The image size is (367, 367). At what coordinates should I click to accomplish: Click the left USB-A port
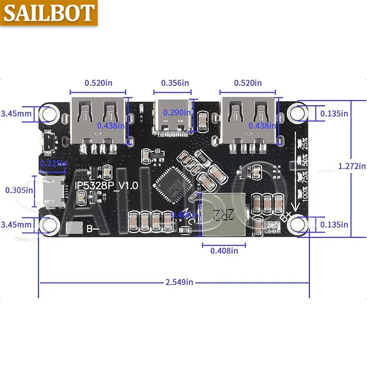(x=97, y=120)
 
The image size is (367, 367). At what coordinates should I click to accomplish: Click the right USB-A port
(x=248, y=120)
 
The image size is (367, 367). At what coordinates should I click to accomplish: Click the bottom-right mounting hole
(x=300, y=224)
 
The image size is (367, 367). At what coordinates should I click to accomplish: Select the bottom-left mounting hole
(x=48, y=225)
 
